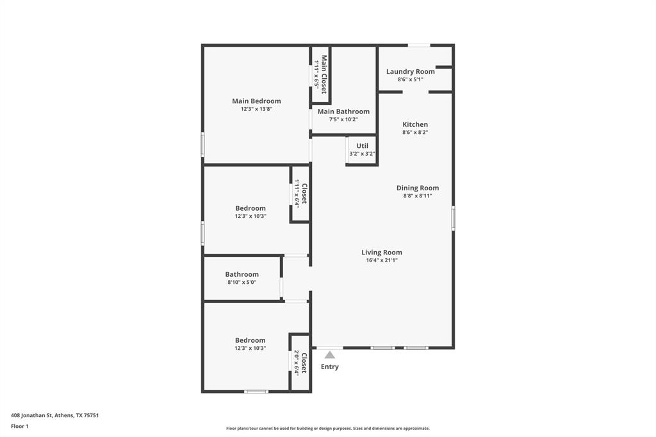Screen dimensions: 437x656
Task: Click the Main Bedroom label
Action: click(x=256, y=101)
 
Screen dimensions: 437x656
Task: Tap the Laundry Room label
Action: click(x=410, y=71)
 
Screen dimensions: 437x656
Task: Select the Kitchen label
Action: click(x=415, y=124)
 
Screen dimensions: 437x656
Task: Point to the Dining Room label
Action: click(x=418, y=188)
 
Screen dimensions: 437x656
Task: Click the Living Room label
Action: click(x=382, y=252)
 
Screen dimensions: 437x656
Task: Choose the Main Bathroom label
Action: click(x=343, y=111)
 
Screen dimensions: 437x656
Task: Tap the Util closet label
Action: click(x=362, y=145)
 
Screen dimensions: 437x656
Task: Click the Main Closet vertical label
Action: click(x=324, y=74)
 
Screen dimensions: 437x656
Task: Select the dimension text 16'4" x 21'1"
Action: click(x=382, y=261)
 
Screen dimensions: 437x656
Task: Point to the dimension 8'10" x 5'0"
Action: click(x=242, y=283)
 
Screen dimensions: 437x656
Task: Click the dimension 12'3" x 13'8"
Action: click(x=256, y=109)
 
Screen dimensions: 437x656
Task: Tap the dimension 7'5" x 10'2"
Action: click(x=343, y=119)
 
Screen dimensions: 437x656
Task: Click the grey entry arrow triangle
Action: click(x=329, y=354)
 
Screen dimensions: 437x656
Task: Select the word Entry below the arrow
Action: click(x=329, y=367)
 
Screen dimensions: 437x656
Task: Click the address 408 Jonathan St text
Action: click(x=54, y=415)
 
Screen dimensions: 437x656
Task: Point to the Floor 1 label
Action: click(x=20, y=426)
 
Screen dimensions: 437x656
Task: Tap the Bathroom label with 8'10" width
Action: click(x=242, y=274)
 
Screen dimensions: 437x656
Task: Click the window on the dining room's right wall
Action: click(x=454, y=218)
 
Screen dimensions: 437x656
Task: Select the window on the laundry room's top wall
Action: click(x=419, y=45)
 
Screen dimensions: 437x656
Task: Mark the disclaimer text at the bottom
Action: click(x=328, y=429)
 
